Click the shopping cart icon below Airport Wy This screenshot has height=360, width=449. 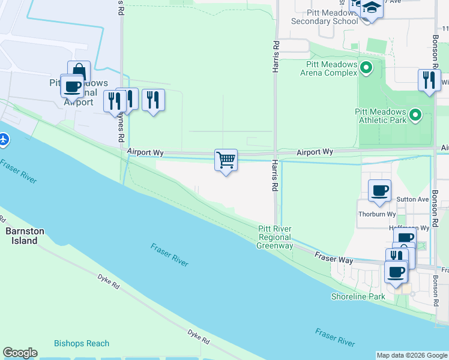[x=226, y=160]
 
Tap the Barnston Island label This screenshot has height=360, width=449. [x=22, y=236]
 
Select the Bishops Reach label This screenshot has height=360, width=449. [x=82, y=343]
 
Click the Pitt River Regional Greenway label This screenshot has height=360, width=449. [x=276, y=237]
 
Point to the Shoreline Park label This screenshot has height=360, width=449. [x=358, y=296]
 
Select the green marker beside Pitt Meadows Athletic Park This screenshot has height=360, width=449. [x=414, y=113]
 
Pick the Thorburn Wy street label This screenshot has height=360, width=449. [x=377, y=214]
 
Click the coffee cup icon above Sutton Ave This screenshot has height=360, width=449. [x=379, y=190]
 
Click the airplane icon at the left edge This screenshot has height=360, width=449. [x=4, y=140]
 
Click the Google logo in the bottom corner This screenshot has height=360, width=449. [x=20, y=353]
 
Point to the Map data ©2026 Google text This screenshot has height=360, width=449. [x=412, y=355]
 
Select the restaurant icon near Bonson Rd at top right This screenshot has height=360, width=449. [x=429, y=80]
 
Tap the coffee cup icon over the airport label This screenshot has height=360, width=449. [x=72, y=86]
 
